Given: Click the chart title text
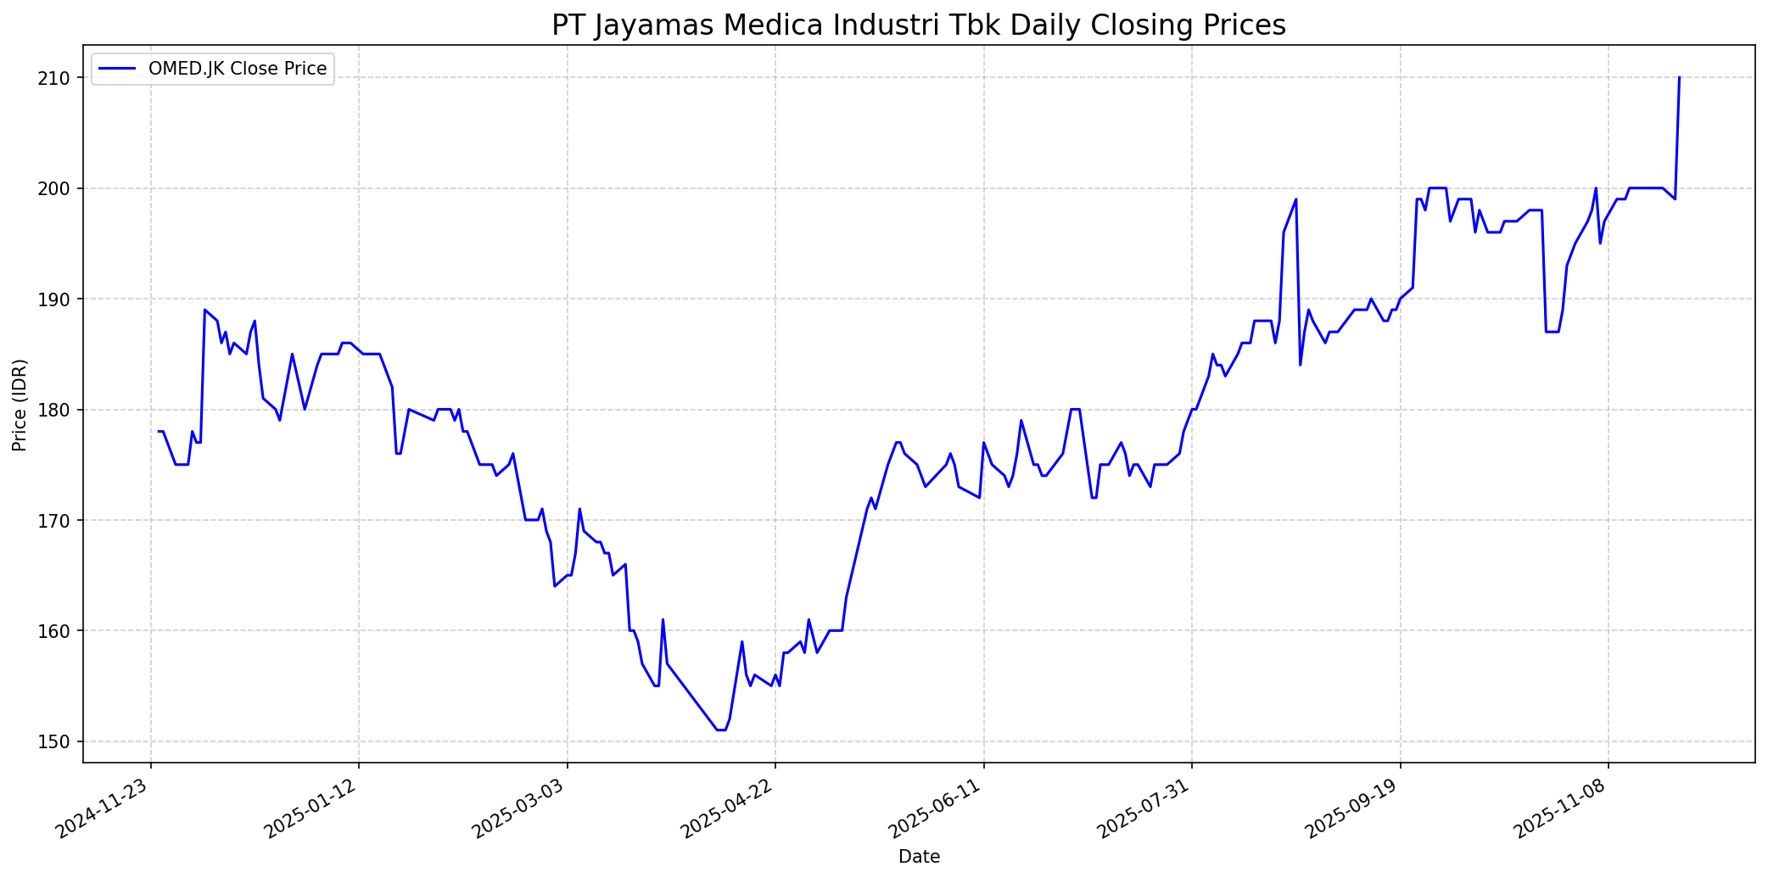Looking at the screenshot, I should [919, 25].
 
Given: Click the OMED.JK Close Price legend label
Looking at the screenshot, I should [238, 69].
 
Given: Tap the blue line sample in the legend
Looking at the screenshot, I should [118, 69].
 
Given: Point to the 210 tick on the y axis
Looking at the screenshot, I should [62, 78].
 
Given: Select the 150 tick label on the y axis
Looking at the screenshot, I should [62, 742].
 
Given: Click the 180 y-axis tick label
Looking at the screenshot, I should [62, 410].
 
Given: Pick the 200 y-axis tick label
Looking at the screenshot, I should [62, 188].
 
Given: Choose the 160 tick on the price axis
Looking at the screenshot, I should [62, 631].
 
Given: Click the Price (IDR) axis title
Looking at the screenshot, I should [20, 405].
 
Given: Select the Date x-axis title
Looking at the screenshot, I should [919, 858].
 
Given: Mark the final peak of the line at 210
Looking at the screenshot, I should [1679, 78].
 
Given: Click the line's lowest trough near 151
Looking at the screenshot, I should [720, 730].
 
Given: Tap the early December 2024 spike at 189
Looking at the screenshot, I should [204, 310].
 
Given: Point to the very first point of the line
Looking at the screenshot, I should [159, 431].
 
